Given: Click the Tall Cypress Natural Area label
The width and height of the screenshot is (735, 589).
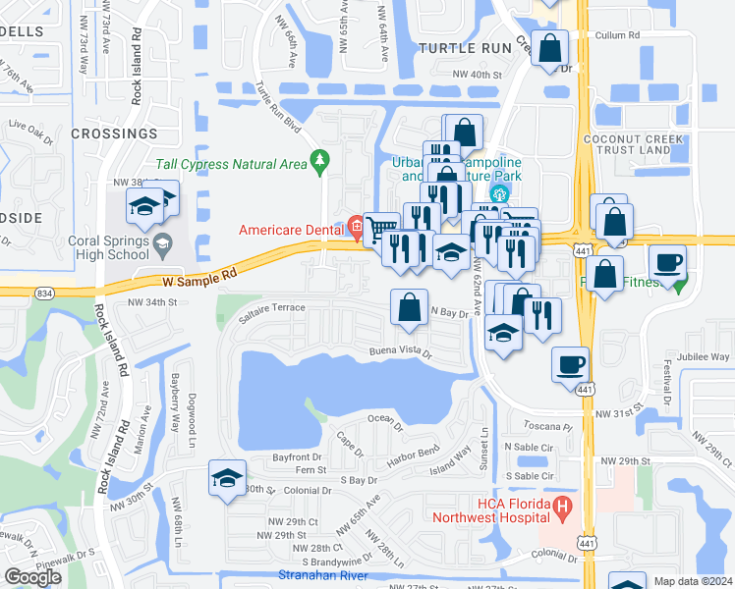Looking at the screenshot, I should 232,164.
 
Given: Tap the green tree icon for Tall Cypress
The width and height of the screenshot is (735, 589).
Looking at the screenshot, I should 319,161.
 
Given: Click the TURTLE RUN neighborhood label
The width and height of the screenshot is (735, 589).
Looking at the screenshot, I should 465,47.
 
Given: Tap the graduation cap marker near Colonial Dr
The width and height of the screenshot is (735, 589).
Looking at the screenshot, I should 227,479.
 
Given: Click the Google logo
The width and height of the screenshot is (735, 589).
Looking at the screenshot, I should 33,577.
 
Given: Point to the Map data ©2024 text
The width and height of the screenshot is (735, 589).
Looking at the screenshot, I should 693,581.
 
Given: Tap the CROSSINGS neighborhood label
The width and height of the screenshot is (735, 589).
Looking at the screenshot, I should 113,133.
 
